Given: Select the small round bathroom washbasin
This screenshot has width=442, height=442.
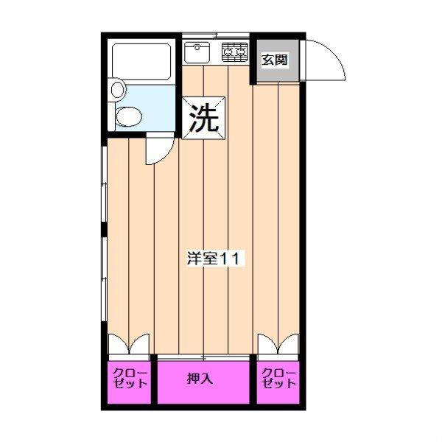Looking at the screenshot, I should coord(117,90).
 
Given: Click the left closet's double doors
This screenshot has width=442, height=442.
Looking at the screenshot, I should coord(130,345).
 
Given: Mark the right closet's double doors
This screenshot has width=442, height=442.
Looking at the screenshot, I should coord(278,345).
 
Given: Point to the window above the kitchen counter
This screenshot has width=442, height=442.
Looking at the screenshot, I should coord(215,35).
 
